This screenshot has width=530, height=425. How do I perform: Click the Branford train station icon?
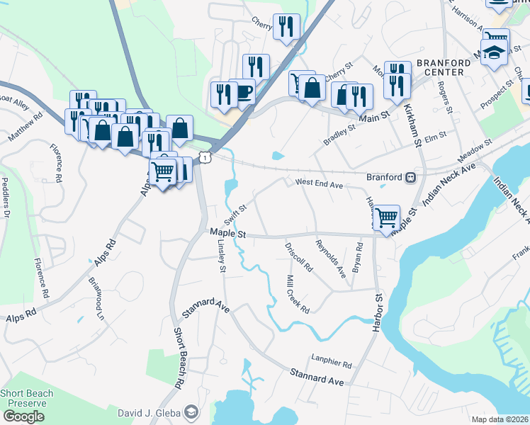[x=410, y=178]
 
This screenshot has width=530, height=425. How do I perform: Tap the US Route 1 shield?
[x=204, y=158]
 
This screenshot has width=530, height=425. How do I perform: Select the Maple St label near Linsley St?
[x=227, y=232]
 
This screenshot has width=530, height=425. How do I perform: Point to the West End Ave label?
[x=319, y=183]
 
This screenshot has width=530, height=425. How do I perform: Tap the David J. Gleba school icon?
[x=191, y=412]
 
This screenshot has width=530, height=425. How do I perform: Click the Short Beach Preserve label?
[x=24, y=398]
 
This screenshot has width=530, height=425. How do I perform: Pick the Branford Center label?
[x=443, y=67]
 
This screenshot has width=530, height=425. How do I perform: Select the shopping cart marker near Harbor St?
[x=386, y=217]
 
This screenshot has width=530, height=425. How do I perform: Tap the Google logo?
[x=23, y=416]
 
